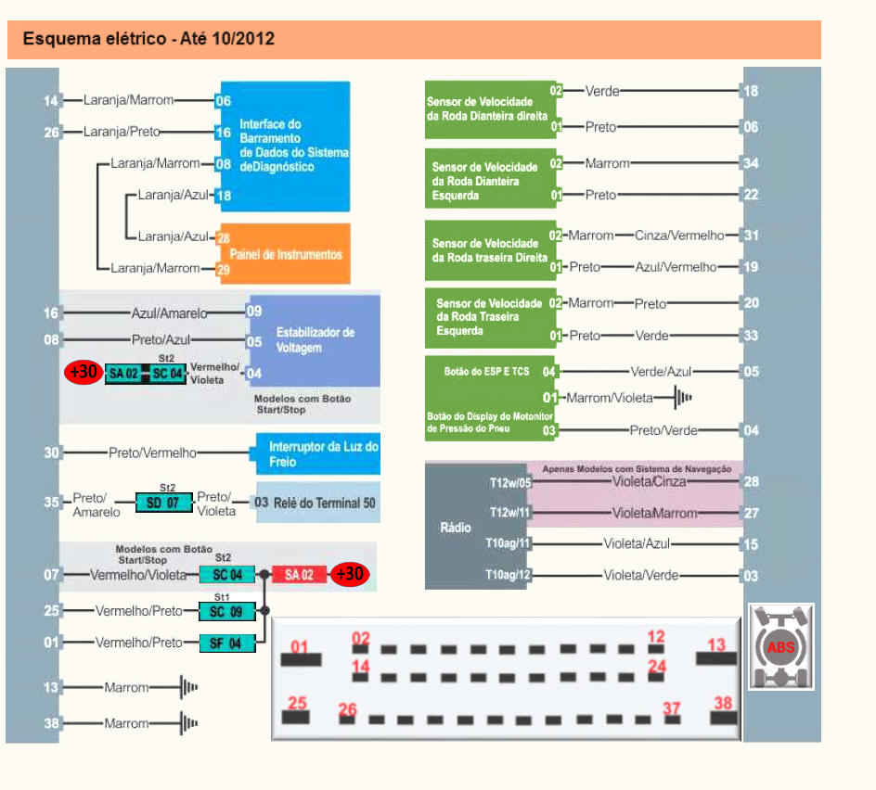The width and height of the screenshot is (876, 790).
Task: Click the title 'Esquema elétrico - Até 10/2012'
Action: click(x=148, y=40)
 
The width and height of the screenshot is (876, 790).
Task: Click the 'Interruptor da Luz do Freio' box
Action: click(x=318, y=452)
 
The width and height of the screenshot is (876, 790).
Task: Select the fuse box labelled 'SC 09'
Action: click(x=225, y=612)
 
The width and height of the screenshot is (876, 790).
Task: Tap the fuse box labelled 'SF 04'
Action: click(x=225, y=642)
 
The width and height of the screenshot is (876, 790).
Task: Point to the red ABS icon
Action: click(x=780, y=646)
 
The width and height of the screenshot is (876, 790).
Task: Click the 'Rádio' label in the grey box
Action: click(x=455, y=527)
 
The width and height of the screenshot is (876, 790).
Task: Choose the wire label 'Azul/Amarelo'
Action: click(x=170, y=313)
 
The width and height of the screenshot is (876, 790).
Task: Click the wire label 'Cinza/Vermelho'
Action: click(x=679, y=236)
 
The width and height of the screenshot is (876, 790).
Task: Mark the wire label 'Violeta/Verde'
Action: click(x=641, y=576)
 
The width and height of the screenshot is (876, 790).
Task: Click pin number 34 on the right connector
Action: click(x=751, y=164)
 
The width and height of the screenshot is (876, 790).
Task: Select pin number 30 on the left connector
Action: click(x=51, y=452)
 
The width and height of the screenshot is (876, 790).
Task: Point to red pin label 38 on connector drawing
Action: click(x=724, y=703)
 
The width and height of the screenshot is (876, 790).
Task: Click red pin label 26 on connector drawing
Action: click(x=347, y=710)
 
